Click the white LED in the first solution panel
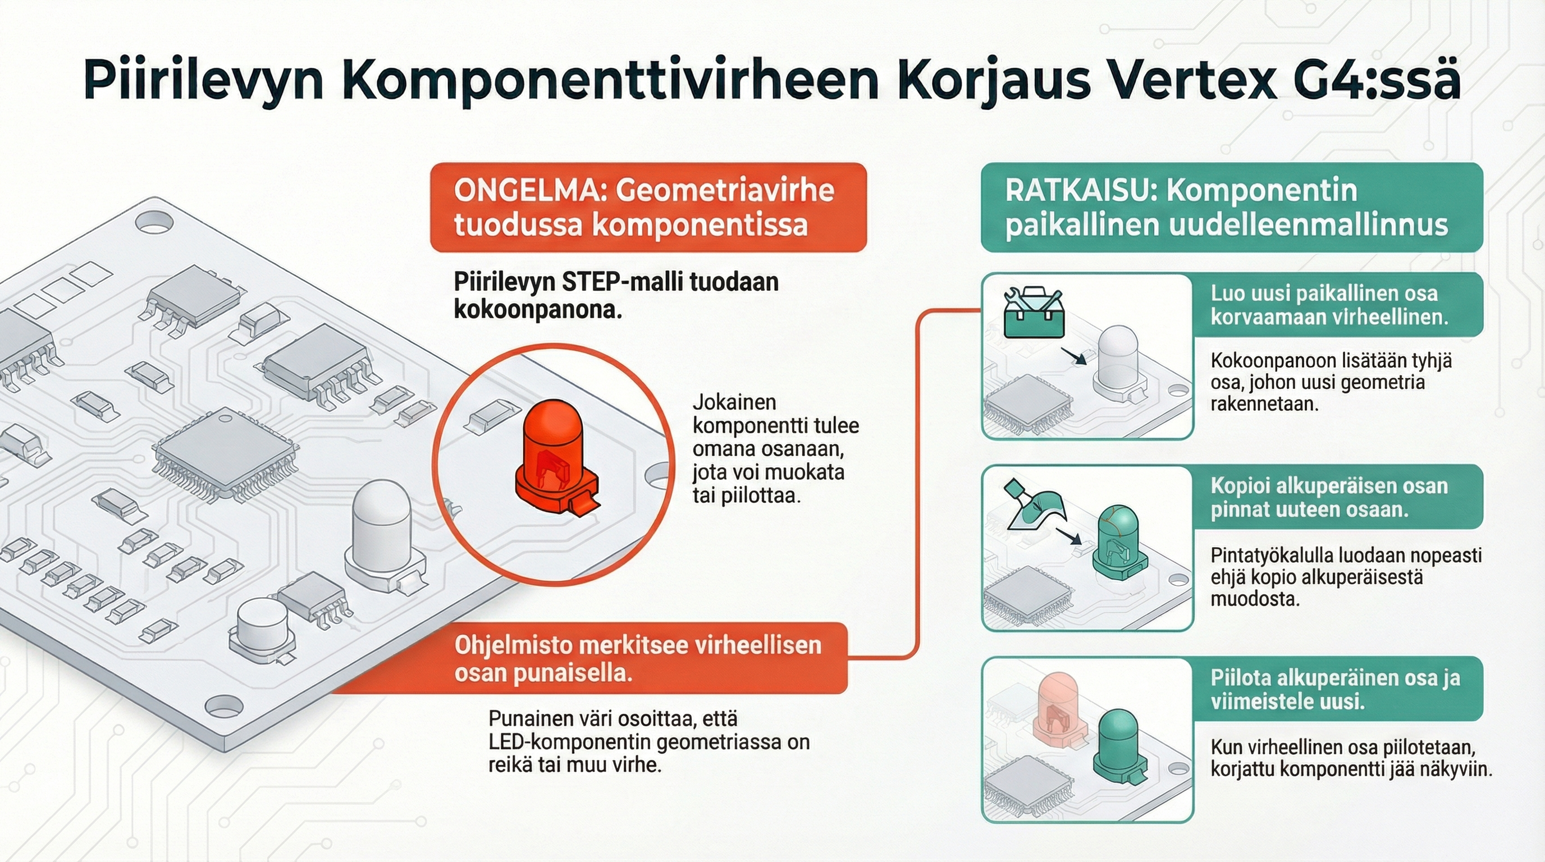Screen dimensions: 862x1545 (1117, 363)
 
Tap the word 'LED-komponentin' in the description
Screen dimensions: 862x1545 (570, 742)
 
